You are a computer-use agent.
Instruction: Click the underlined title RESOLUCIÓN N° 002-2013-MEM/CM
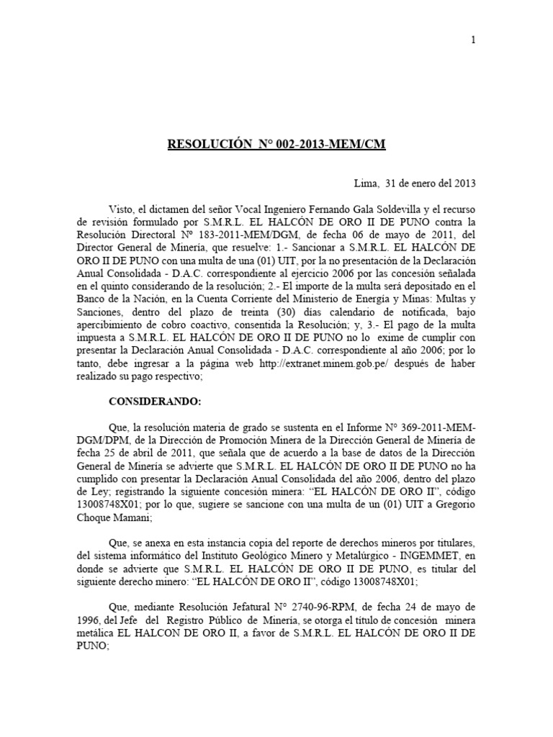tap(276, 145)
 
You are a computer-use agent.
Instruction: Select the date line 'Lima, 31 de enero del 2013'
tap(416, 183)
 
